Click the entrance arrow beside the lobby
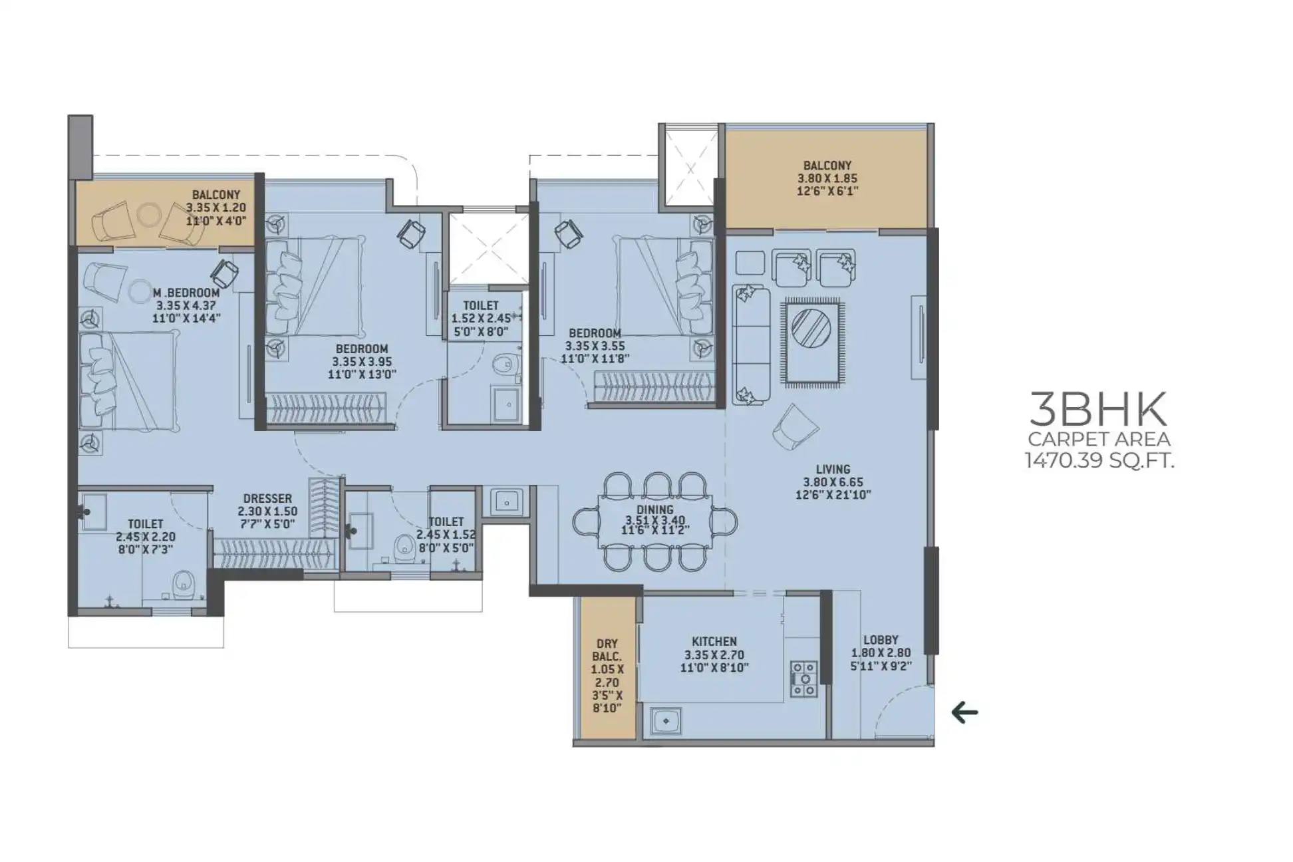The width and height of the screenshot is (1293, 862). tap(964, 713)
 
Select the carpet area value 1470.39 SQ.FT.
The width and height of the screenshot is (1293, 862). tap(1099, 460)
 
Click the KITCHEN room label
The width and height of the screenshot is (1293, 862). tap(714, 641)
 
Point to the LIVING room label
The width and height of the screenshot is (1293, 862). tap(833, 469)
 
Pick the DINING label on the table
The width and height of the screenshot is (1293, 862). tap(655, 509)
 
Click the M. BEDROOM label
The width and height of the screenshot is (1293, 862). tap(186, 293)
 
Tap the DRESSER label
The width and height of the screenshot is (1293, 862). tap(267, 498)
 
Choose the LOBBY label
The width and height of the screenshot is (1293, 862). tap(881, 640)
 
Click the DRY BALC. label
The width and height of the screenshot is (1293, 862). tap(607, 650)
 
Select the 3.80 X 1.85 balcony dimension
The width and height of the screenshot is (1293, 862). tap(827, 178)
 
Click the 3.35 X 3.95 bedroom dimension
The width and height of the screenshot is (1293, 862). tap(362, 362)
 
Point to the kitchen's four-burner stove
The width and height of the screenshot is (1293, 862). tap(803, 678)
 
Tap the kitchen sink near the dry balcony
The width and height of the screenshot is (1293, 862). tap(666, 721)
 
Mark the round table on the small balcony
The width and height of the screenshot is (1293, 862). tap(149, 215)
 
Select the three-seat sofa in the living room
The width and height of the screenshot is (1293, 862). tap(752, 345)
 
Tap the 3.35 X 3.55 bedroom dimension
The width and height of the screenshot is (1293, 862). tap(595, 346)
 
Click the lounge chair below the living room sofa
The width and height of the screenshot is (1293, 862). tap(794, 427)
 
